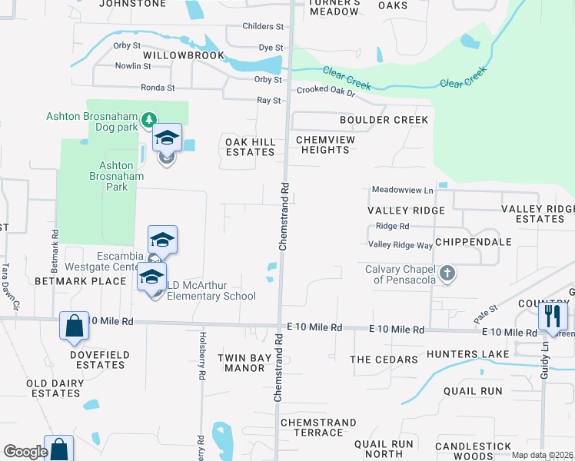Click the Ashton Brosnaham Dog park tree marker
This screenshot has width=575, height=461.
(148, 119)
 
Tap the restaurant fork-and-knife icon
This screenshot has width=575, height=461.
(553, 315)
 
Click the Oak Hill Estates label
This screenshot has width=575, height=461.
(250, 147)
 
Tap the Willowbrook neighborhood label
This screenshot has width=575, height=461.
(184, 55)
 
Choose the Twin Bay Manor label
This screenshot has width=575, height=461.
(241, 363)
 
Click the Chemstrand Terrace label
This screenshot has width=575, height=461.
(318, 427)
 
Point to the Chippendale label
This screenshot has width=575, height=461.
(473, 241)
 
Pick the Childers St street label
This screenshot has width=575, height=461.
(263, 26)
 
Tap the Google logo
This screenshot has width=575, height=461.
(25, 452)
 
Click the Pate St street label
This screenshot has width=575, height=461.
(487, 310)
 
